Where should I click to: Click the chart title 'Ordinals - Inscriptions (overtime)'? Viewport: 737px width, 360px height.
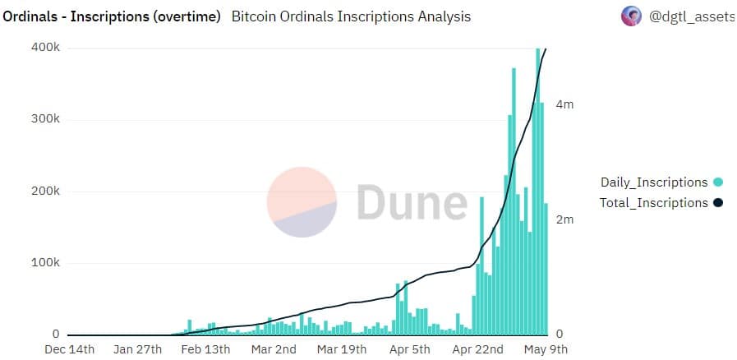pos(112,16)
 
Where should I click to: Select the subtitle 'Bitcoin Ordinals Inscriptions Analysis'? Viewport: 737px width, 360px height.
pos(352,16)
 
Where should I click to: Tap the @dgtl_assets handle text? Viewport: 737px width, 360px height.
pos(691,16)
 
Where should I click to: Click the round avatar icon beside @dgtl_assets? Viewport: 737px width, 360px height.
pos(631,16)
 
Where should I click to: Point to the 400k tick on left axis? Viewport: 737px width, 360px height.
pos(46,48)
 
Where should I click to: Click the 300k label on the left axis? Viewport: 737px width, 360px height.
pos(46,119)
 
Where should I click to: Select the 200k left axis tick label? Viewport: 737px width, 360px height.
pos(46,191)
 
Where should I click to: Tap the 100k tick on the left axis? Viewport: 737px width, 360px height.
pos(46,263)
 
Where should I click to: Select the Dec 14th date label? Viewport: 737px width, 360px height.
pos(70,349)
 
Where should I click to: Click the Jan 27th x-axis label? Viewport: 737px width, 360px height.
pos(136,349)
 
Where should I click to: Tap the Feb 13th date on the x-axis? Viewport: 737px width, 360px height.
pos(205,349)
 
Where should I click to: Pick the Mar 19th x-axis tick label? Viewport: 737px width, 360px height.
pos(340,349)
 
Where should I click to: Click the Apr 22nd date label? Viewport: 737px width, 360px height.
pos(477,349)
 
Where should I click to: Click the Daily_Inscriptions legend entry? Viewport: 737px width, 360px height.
pos(654,182)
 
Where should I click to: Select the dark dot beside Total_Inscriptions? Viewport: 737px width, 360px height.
pos(718,203)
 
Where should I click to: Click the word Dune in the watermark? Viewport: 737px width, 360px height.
pos(411,202)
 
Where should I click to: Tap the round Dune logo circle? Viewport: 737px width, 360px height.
pos(302,202)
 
